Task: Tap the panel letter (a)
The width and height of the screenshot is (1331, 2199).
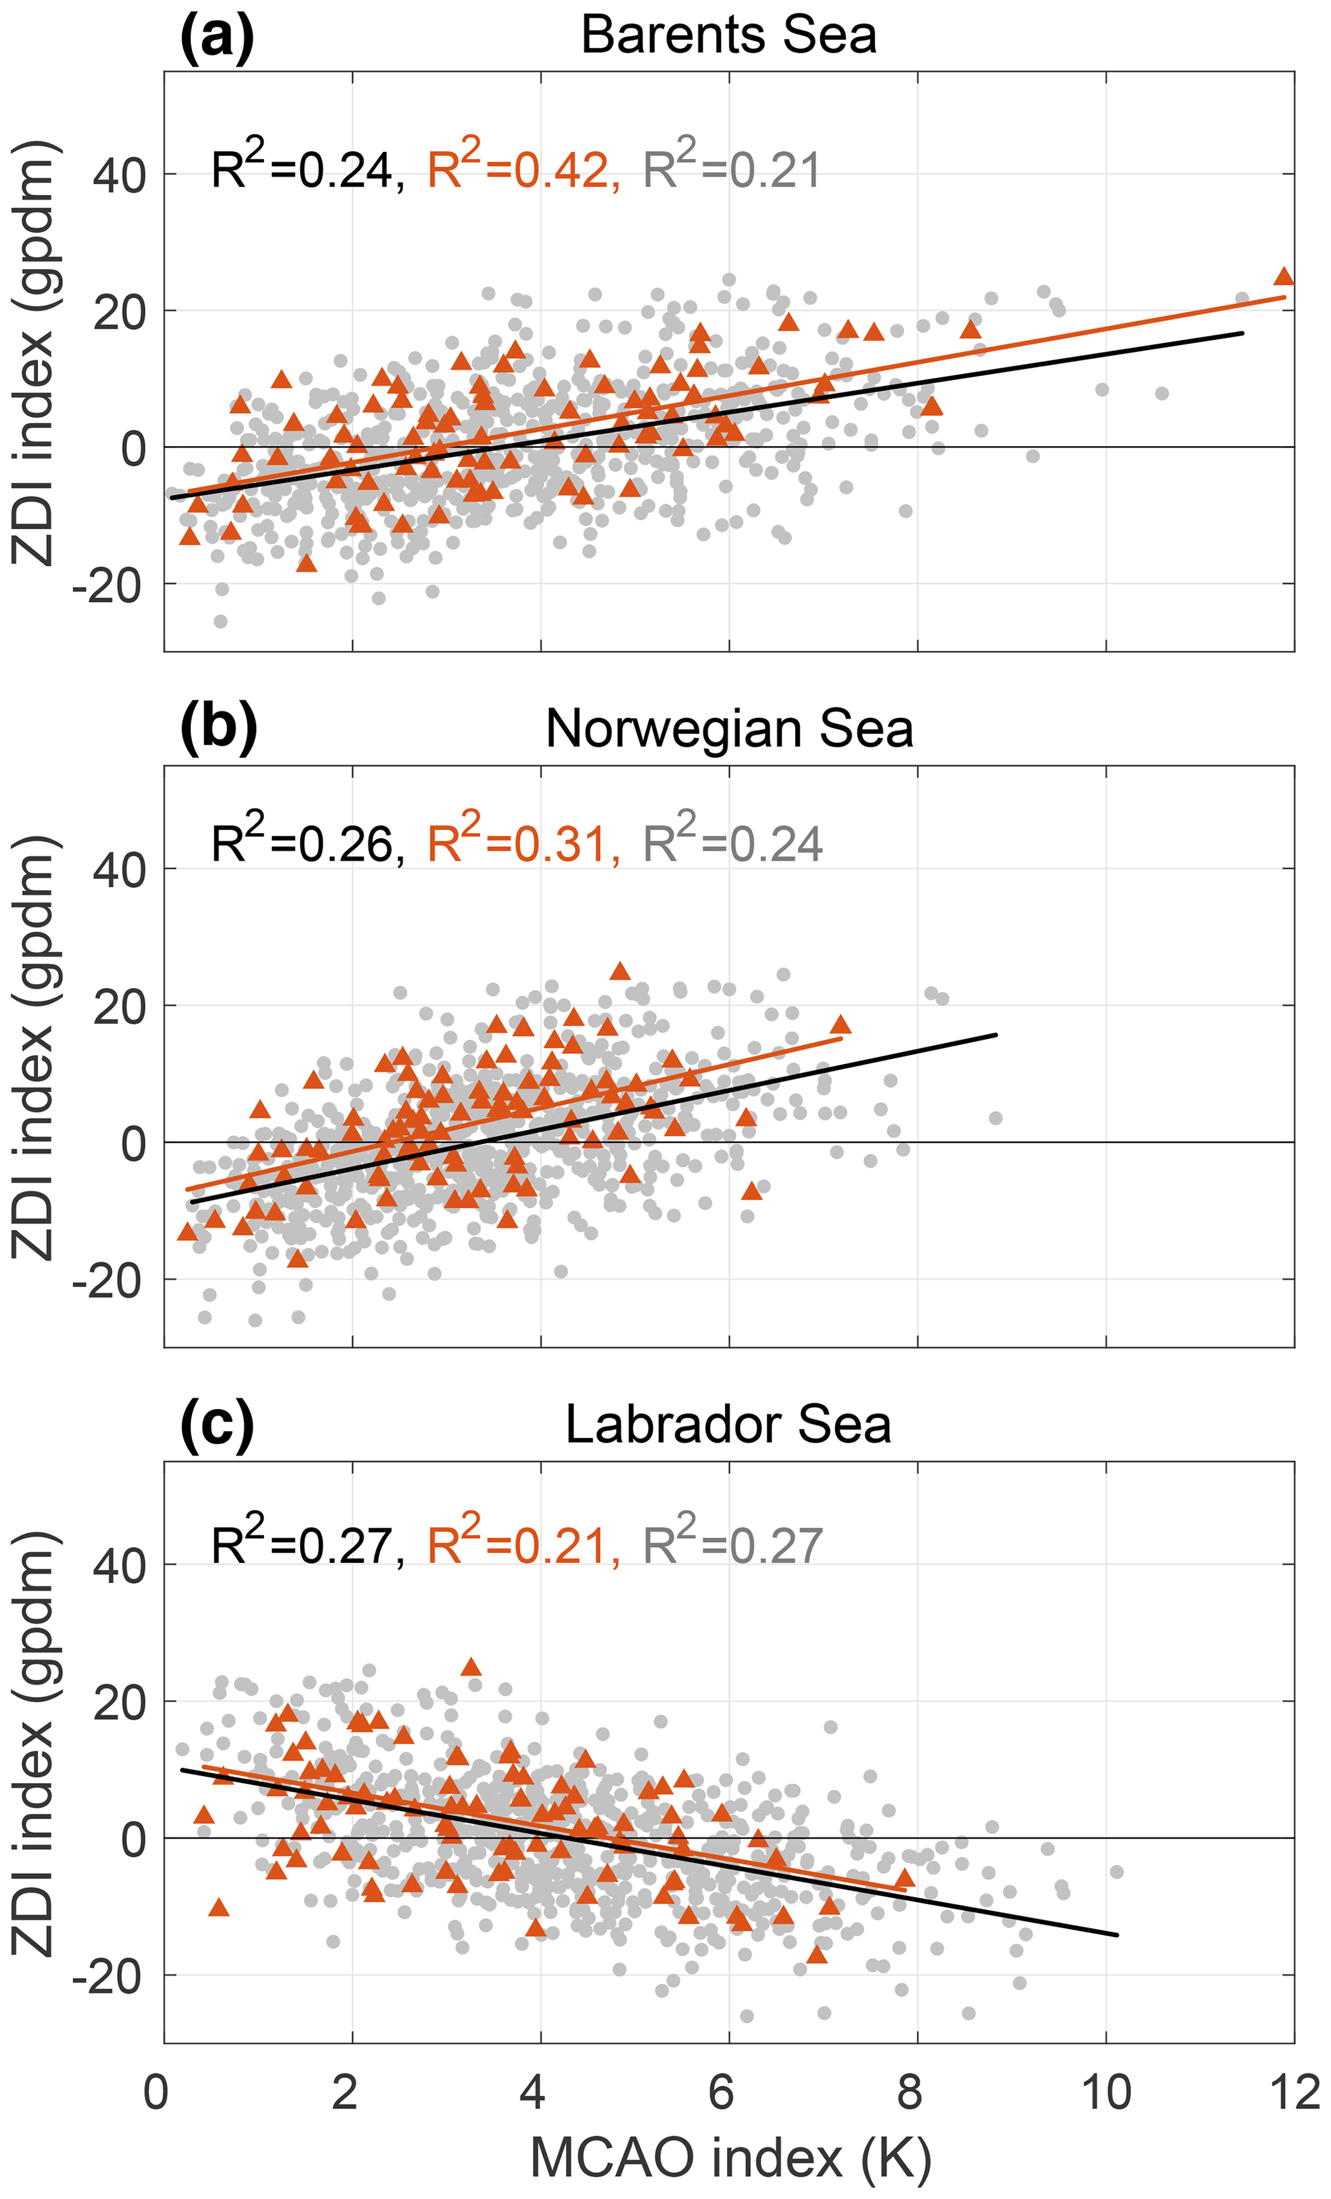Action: click(x=217, y=35)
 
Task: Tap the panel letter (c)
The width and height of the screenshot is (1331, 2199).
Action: click(x=217, y=1425)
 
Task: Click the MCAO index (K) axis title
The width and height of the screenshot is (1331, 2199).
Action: click(x=730, y=2157)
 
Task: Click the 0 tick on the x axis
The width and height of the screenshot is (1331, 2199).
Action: click(x=157, y=2091)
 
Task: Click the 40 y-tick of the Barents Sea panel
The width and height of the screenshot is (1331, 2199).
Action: click(x=118, y=176)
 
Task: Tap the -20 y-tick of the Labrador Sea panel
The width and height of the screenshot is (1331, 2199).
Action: click(x=108, y=1976)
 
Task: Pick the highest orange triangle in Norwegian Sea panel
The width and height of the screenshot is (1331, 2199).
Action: click(x=620, y=971)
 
